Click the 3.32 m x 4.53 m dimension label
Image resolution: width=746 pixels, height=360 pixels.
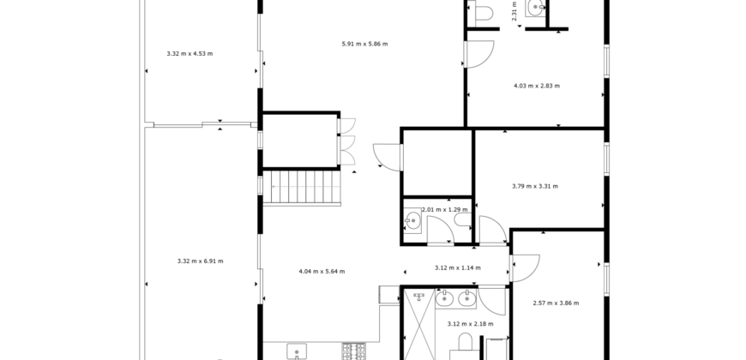tap(190, 54)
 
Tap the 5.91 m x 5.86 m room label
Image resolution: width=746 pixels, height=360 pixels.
tap(365, 45)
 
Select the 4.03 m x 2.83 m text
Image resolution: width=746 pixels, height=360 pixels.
tap(537, 86)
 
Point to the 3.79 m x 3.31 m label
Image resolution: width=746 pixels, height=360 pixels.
tap(535, 186)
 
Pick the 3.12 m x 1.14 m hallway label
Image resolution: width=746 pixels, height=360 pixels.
tap(458, 267)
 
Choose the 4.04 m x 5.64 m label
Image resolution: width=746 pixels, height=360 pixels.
tap(322, 272)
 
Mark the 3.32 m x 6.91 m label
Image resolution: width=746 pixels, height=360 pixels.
tap(201, 261)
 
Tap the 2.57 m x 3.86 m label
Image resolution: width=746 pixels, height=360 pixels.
tap(556, 303)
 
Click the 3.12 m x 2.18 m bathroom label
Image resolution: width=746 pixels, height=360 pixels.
tap(471, 324)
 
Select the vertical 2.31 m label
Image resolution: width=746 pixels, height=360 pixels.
tap(514, 10)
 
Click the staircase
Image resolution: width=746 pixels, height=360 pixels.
tap(302, 188)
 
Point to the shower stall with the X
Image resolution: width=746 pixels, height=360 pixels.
tap(419, 324)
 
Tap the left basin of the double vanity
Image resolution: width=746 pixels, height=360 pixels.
tap(445, 298)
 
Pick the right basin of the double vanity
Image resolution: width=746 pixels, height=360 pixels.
tap(466, 298)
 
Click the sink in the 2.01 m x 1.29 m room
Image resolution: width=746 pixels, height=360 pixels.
tap(412, 220)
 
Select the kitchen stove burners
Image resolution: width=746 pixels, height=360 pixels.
tap(354, 351)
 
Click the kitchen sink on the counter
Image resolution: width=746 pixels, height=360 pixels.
tap(297, 352)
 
